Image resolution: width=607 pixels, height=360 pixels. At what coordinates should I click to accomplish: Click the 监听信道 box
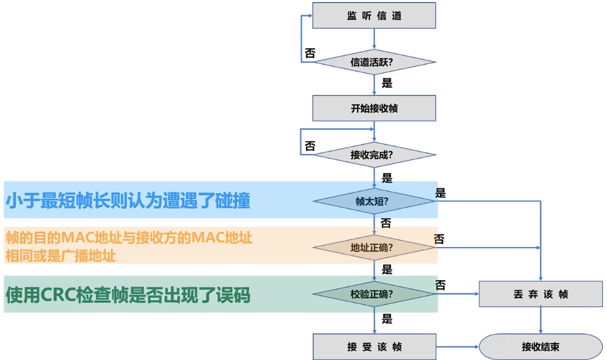coord(374,16)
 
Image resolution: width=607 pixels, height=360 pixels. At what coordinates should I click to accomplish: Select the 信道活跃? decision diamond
coord(374,62)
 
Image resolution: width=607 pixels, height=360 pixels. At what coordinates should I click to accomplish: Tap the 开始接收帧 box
coord(374,108)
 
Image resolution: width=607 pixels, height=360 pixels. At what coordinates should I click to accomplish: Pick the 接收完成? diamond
coord(374,155)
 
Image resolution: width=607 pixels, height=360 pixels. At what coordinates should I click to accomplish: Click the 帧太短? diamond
coord(374,202)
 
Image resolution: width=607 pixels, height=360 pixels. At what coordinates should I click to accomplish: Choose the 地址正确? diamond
coord(374,248)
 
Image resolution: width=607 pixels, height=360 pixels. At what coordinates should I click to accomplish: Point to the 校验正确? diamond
coord(374,294)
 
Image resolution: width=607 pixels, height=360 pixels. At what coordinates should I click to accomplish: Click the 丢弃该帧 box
coord(541,294)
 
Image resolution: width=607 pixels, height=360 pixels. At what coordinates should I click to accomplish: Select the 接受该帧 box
coord(374,347)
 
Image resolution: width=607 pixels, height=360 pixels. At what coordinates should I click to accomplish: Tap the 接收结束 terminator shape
coord(541,347)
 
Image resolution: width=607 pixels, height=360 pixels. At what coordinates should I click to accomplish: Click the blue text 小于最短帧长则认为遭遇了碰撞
coord(128,201)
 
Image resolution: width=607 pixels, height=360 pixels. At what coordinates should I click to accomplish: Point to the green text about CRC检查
coord(128,295)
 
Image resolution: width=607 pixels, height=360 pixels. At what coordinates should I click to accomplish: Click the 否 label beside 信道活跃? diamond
coord(310,53)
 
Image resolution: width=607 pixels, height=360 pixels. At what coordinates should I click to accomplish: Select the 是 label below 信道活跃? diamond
coord(387,83)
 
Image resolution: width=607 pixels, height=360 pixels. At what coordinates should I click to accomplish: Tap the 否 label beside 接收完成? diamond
coord(310,146)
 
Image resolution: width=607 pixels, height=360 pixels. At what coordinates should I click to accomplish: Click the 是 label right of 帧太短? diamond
coord(441,193)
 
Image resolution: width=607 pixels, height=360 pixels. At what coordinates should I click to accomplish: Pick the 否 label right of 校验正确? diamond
coord(441,285)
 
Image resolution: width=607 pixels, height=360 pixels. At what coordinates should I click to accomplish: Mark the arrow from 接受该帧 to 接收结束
coord(457,347)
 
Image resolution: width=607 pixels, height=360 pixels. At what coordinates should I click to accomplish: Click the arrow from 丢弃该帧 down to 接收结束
coord(541,321)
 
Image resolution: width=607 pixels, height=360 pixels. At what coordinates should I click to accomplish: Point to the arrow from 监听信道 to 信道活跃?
coord(374,39)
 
